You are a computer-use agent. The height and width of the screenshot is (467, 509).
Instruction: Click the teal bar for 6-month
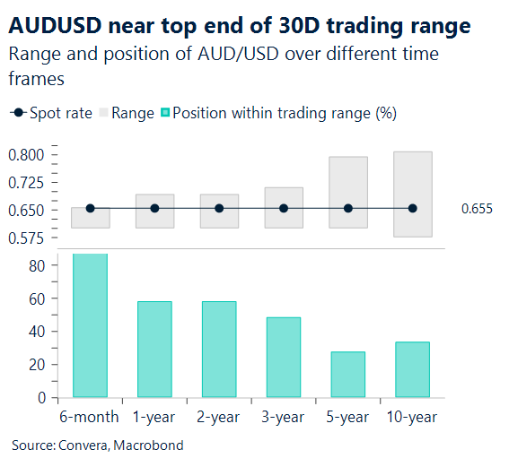click(90, 325)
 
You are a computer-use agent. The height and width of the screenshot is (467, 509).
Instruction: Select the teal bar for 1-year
click(154, 349)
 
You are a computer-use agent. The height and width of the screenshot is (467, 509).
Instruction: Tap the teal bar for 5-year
click(348, 374)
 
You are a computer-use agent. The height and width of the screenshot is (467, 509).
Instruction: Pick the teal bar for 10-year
click(413, 369)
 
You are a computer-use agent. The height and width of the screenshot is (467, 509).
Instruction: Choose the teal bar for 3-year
click(284, 357)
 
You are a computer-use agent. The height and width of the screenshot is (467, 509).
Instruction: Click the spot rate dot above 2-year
click(219, 208)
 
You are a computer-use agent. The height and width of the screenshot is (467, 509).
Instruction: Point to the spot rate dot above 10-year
click(413, 208)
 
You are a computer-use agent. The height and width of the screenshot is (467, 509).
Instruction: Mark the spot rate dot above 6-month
click(90, 208)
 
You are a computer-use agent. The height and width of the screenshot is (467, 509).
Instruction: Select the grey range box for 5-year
click(348, 179)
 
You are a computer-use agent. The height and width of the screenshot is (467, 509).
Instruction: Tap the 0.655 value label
click(477, 209)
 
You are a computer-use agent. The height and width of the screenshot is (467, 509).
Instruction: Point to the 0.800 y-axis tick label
click(26, 156)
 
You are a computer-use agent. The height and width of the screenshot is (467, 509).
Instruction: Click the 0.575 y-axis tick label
click(26, 238)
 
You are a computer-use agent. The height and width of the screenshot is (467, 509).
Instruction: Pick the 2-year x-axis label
click(219, 418)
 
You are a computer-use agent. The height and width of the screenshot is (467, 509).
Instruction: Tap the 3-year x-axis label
click(284, 418)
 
